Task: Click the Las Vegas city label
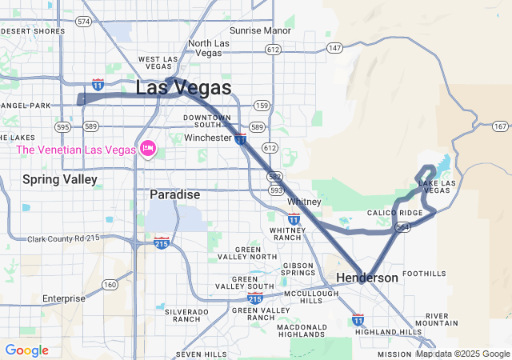click(x=184, y=88)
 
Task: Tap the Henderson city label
click(x=366, y=278)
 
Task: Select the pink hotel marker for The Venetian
click(x=147, y=149)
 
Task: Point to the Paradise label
click(x=175, y=194)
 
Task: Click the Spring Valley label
click(x=60, y=179)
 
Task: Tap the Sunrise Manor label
click(x=261, y=30)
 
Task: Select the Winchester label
click(x=208, y=138)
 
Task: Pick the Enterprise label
click(x=63, y=298)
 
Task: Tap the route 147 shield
click(x=334, y=48)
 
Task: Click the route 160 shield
click(x=110, y=285)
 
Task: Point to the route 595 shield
click(x=63, y=126)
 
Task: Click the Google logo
click(x=26, y=350)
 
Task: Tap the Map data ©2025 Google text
click(x=462, y=354)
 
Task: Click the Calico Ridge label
click(x=394, y=213)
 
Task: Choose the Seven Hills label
click(x=202, y=354)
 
